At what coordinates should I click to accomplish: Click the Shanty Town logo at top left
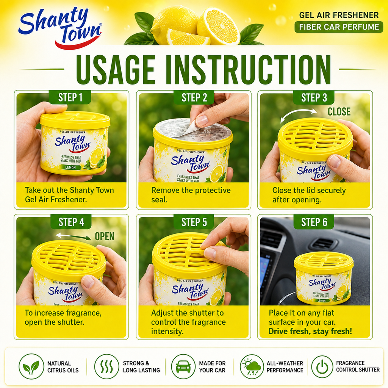(x=60, y=28)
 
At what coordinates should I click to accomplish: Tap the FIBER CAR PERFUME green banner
(x=339, y=27)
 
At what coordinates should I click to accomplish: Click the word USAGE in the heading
(x=116, y=70)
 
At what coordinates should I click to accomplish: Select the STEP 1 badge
(x=70, y=97)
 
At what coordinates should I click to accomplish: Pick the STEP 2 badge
(x=194, y=97)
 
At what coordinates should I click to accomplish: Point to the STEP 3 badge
(x=314, y=97)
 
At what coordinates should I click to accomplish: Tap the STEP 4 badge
(x=71, y=222)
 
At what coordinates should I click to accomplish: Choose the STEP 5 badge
(x=194, y=222)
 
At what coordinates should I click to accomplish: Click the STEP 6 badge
(x=314, y=222)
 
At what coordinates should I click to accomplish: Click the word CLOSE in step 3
(x=339, y=112)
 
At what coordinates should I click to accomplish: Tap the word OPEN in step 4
(x=105, y=236)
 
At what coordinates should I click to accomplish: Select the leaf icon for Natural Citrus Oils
(x=31, y=366)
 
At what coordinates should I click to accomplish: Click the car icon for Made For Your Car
(x=183, y=366)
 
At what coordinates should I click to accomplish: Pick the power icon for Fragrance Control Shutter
(x=322, y=367)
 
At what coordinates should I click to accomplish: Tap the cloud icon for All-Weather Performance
(x=252, y=366)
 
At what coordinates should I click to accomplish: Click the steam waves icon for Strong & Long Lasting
(x=106, y=366)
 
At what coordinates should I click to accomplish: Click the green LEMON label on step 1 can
(x=70, y=167)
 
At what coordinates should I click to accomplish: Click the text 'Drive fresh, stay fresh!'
(x=310, y=331)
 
